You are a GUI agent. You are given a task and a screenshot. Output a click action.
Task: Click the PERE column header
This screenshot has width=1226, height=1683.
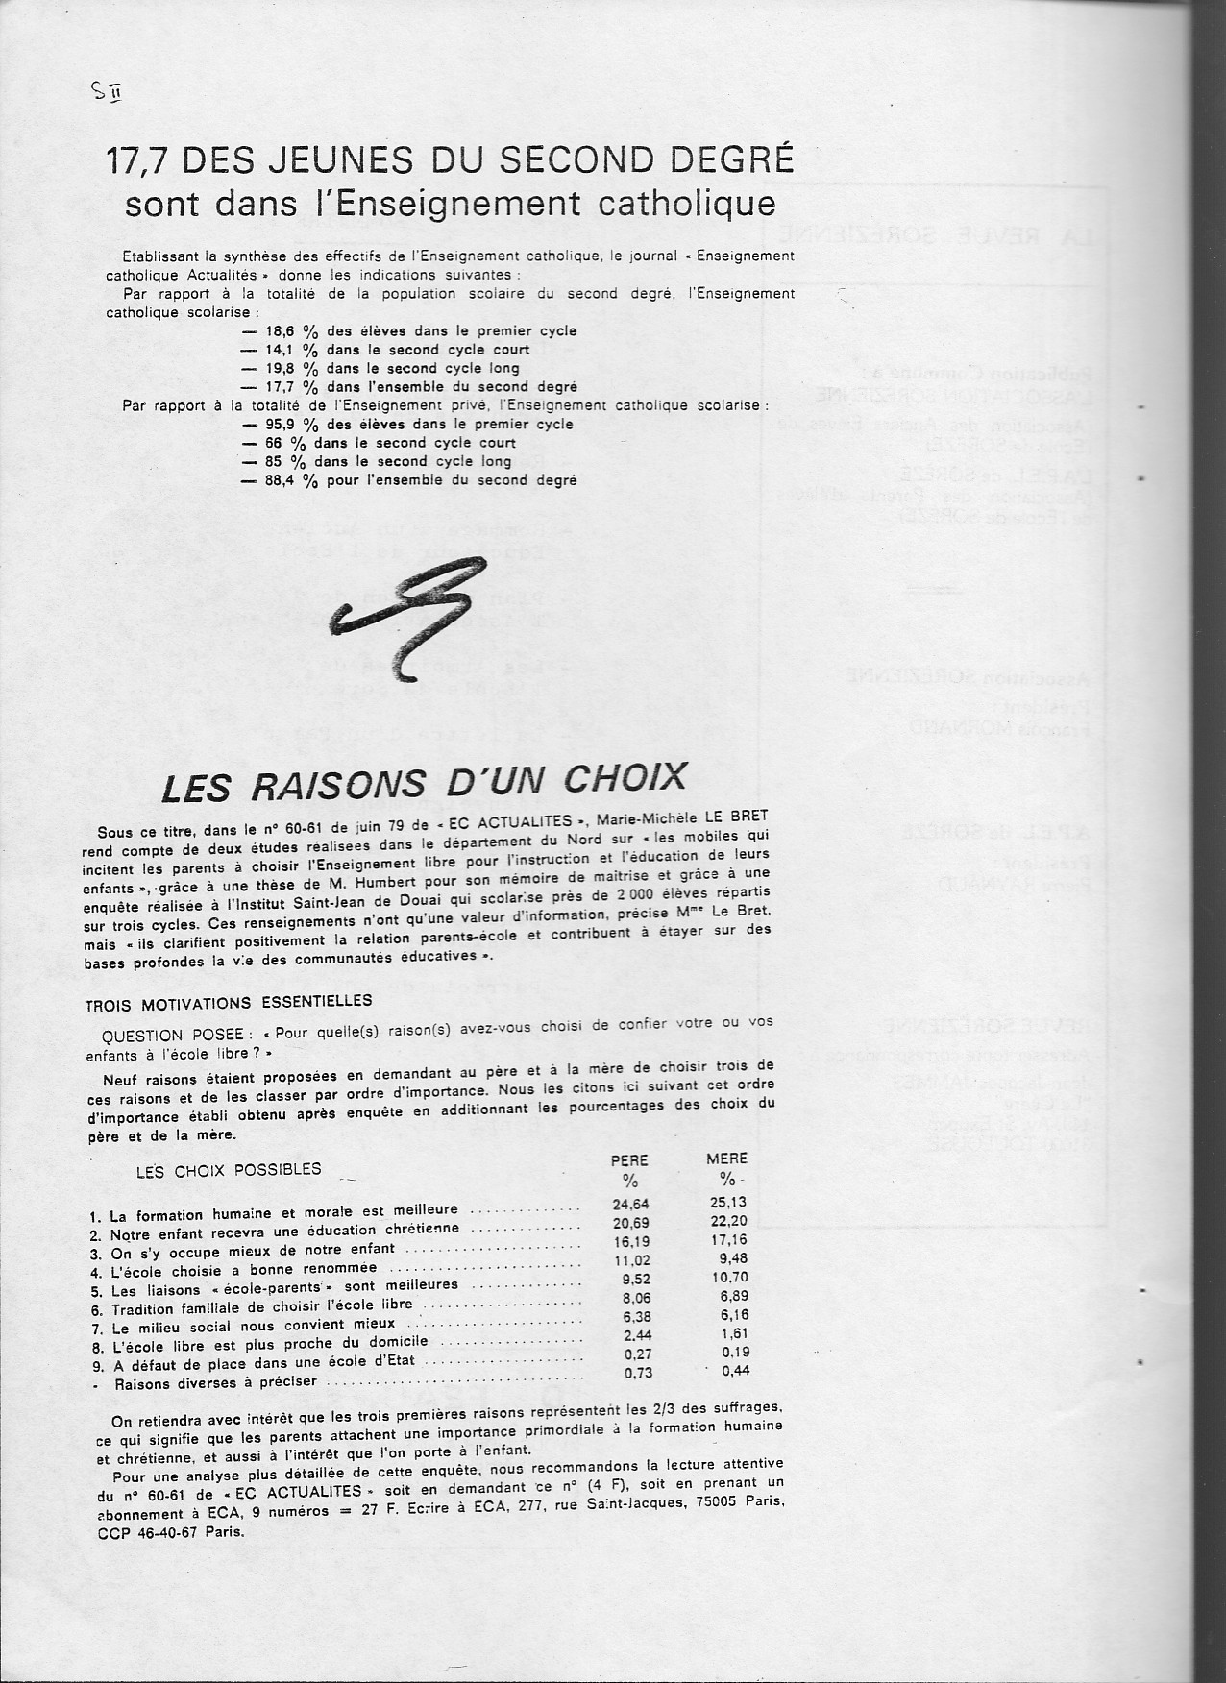[x=630, y=1159]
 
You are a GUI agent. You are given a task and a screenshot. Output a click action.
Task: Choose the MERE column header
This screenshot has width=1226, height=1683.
[x=726, y=1159]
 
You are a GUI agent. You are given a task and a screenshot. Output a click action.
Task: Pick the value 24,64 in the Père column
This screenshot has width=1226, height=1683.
[x=631, y=1204]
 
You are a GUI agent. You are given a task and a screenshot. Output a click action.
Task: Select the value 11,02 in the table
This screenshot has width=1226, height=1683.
[x=631, y=1259]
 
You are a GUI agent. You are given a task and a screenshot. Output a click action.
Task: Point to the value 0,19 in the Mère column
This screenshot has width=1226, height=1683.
[x=730, y=1353]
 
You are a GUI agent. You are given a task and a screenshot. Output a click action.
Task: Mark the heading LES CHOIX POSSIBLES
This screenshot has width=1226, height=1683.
[x=229, y=1170]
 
